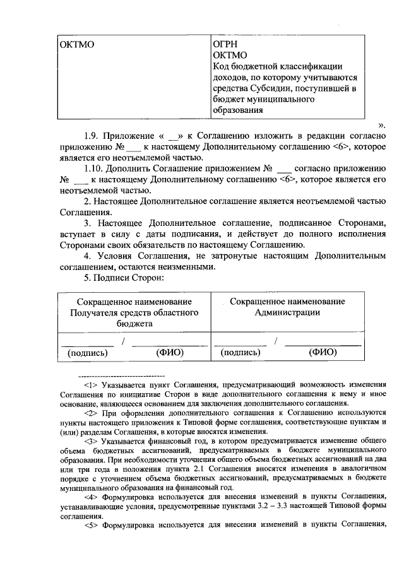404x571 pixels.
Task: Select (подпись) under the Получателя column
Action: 87,353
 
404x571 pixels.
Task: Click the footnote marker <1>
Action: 92,384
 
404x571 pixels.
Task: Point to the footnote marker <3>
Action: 92,442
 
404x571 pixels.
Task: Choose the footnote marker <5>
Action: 92,525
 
